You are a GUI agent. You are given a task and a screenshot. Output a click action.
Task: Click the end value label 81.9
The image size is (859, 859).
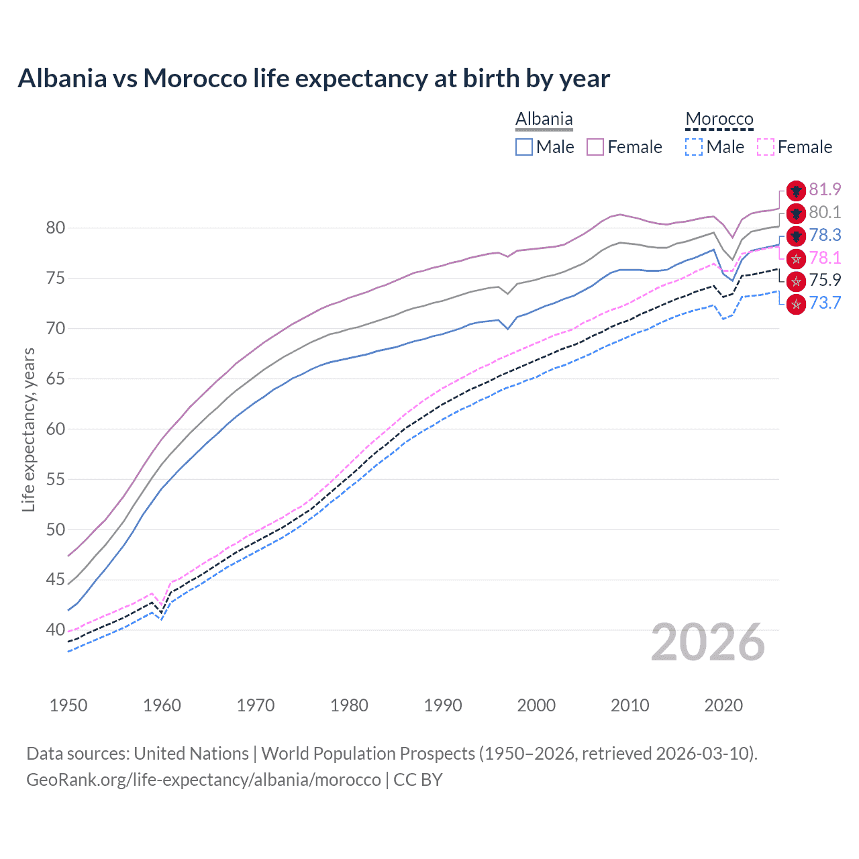click(825, 190)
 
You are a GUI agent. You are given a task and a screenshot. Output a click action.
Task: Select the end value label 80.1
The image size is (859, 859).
click(825, 213)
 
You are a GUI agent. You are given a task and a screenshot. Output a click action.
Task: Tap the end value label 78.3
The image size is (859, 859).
click(825, 236)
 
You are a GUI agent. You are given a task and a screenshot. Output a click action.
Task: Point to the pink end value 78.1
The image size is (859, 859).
click(825, 258)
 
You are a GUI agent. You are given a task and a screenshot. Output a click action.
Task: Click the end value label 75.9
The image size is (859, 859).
click(825, 281)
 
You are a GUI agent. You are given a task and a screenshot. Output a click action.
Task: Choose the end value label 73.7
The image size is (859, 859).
click(825, 303)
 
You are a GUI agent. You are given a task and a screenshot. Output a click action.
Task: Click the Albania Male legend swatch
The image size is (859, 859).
click(524, 147)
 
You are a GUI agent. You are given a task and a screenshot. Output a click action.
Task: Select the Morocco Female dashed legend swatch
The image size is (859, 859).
click(766, 147)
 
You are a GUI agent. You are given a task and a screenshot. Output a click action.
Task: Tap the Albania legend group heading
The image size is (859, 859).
click(544, 119)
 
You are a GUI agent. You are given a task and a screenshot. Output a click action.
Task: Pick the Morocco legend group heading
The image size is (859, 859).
click(719, 119)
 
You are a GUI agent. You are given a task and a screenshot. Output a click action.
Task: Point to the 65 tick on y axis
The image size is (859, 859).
click(56, 379)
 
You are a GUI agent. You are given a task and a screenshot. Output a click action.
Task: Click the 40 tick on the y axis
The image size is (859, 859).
click(56, 630)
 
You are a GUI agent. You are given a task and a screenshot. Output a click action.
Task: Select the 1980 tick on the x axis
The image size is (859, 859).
click(349, 705)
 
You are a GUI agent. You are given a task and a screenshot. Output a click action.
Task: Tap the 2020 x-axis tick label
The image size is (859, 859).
click(723, 705)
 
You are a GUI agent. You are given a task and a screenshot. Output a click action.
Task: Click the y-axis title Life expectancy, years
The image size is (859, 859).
click(29, 429)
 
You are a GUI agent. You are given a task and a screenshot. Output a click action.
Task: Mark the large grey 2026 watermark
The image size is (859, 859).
click(708, 643)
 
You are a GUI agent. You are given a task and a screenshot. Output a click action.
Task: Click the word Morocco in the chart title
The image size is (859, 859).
click(195, 79)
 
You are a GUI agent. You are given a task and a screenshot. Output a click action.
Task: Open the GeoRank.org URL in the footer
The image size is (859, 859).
click(203, 780)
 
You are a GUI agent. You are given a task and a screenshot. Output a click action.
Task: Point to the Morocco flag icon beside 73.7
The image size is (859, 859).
click(796, 304)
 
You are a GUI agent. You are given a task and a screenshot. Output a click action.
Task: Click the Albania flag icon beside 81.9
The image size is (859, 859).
click(796, 191)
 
